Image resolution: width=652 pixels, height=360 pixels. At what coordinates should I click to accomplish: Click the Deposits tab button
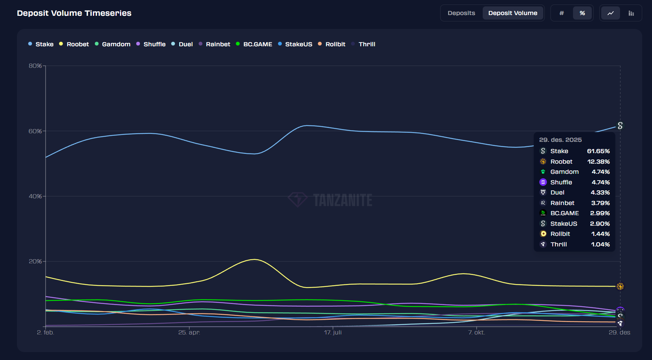tap(461, 13)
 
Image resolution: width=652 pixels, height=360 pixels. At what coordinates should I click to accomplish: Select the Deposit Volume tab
tap(513, 13)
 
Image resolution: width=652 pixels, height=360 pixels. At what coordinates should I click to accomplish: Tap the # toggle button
tap(562, 13)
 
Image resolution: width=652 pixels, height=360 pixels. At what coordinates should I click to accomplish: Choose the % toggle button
tap(582, 13)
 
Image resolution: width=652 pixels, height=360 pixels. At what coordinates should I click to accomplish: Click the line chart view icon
tap(610, 13)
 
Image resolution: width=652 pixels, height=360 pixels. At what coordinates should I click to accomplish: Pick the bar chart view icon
tap(631, 13)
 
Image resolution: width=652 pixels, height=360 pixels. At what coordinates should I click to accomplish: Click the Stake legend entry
tap(41, 44)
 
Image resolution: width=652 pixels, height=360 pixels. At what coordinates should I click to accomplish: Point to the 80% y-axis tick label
tap(35, 66)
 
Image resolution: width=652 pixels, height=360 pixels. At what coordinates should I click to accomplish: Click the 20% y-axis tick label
tap(35, 261)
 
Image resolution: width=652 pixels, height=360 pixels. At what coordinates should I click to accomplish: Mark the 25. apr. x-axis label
tap(189, 333)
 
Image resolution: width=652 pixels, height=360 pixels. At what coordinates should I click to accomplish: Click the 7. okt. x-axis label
tap(476, 333)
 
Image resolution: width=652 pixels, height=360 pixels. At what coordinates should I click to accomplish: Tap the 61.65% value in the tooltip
tap(598, 151)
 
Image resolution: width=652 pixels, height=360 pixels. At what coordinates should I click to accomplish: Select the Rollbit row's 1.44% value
tap(600, 234)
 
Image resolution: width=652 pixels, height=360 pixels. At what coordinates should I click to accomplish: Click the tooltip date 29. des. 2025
tap(560, 140)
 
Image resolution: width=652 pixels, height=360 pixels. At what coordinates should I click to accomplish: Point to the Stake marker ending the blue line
tap(620, 126)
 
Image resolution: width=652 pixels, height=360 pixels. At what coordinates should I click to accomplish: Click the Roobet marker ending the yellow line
tap(620, 286)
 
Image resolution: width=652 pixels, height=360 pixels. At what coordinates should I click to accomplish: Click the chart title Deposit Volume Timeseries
tap(74, 13)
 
